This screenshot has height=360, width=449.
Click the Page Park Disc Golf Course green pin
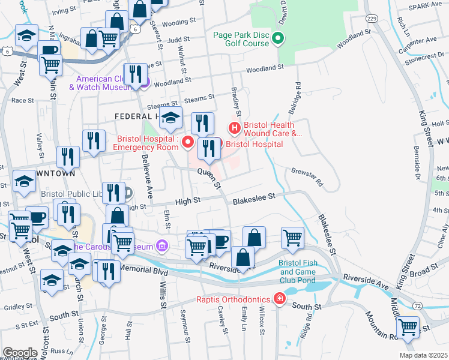click(x=277, y=40)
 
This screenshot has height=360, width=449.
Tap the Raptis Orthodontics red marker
click(x=279, y=298)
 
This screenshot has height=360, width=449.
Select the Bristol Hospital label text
click(x=254, y=145)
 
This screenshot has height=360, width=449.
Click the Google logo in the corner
click(x=20, y=353)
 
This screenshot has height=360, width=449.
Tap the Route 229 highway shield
click(x=372, y=20)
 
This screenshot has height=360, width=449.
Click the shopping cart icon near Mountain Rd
click(x=408, y=327)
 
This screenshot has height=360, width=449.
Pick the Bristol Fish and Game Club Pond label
click(x=297, y=271)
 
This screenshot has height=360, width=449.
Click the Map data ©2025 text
click(x=423, y=355)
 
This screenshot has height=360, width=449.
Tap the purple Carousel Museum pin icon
click(x=161, y=245)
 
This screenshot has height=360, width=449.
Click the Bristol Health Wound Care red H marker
click(x=234, y=128)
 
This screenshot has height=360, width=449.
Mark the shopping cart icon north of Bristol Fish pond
click(x=292, y=237)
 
